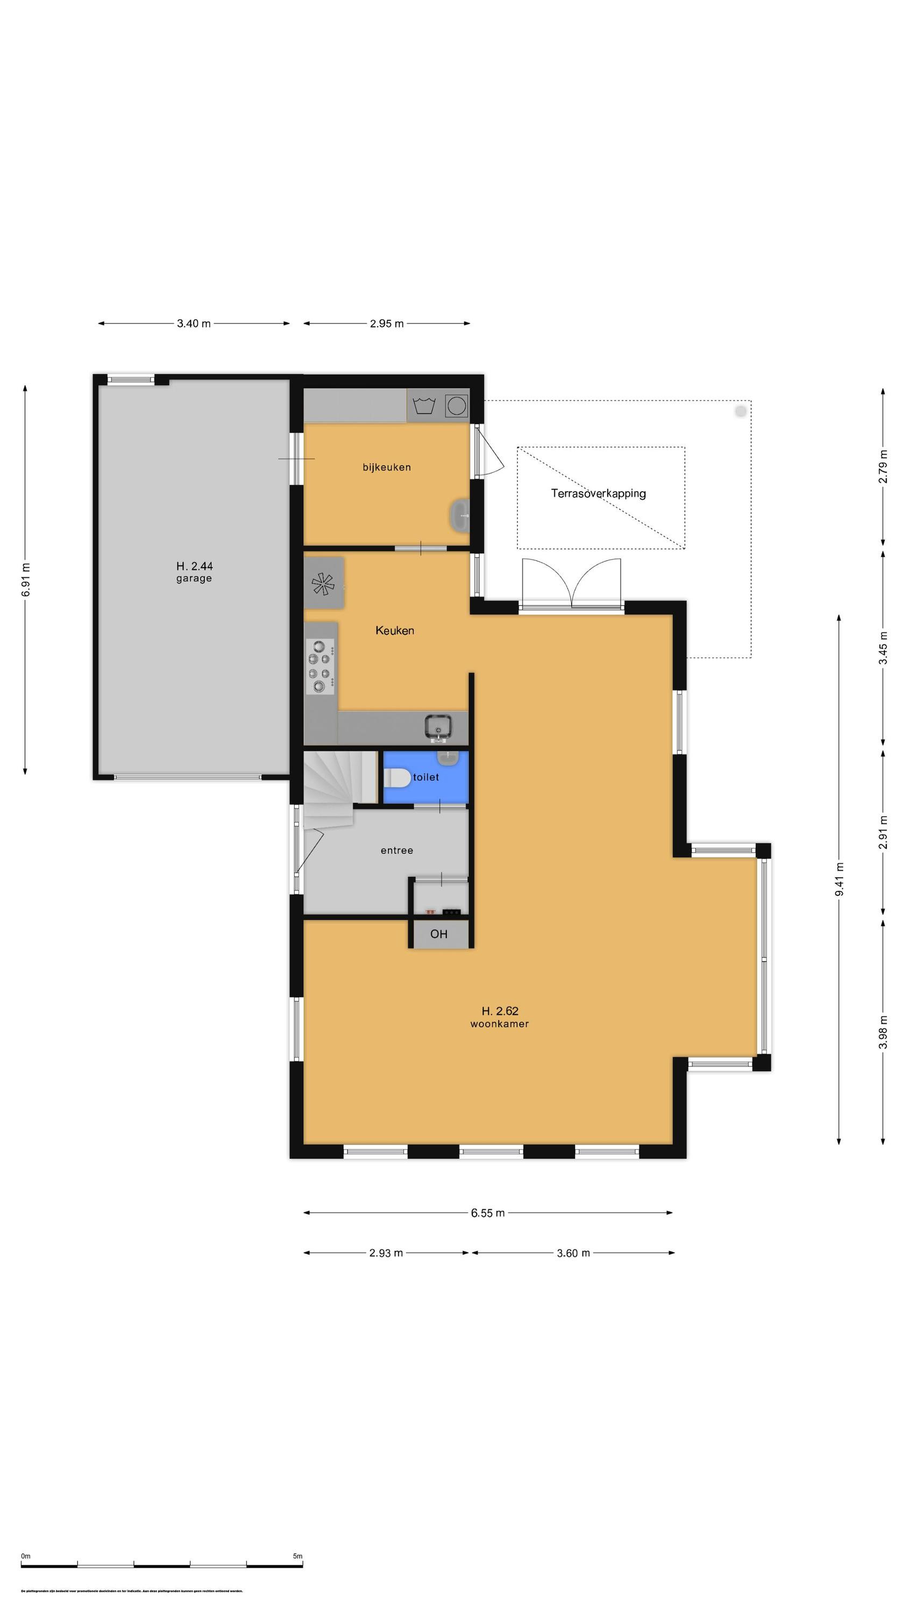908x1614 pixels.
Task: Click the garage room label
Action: tap(194, 578)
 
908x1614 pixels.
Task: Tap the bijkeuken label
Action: tap(387, 467)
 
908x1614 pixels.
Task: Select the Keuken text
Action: tap(394, 631)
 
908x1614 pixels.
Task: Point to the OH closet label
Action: tap(438, 934)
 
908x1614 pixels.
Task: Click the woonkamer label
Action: tap(499, 1024)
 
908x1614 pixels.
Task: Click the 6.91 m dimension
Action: tap(26, 579)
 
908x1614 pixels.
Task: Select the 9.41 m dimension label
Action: tap(839, 879)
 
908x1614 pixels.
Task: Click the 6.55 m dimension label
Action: tap(487, 1213)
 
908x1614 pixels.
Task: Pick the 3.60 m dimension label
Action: tap(573, 1253)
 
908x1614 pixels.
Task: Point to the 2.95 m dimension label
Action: tap(386, 323)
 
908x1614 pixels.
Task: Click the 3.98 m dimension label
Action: tap(882, 1032)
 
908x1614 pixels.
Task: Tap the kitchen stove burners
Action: tap(320, 666)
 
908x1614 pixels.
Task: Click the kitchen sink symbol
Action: tap(437, 726)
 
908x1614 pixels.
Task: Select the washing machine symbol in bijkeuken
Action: tap(424, 405)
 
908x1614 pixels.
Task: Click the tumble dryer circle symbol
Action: tap(456, 405)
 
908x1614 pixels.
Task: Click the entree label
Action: tap(396, 850)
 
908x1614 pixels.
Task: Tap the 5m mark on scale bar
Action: tap(297, 1556)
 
